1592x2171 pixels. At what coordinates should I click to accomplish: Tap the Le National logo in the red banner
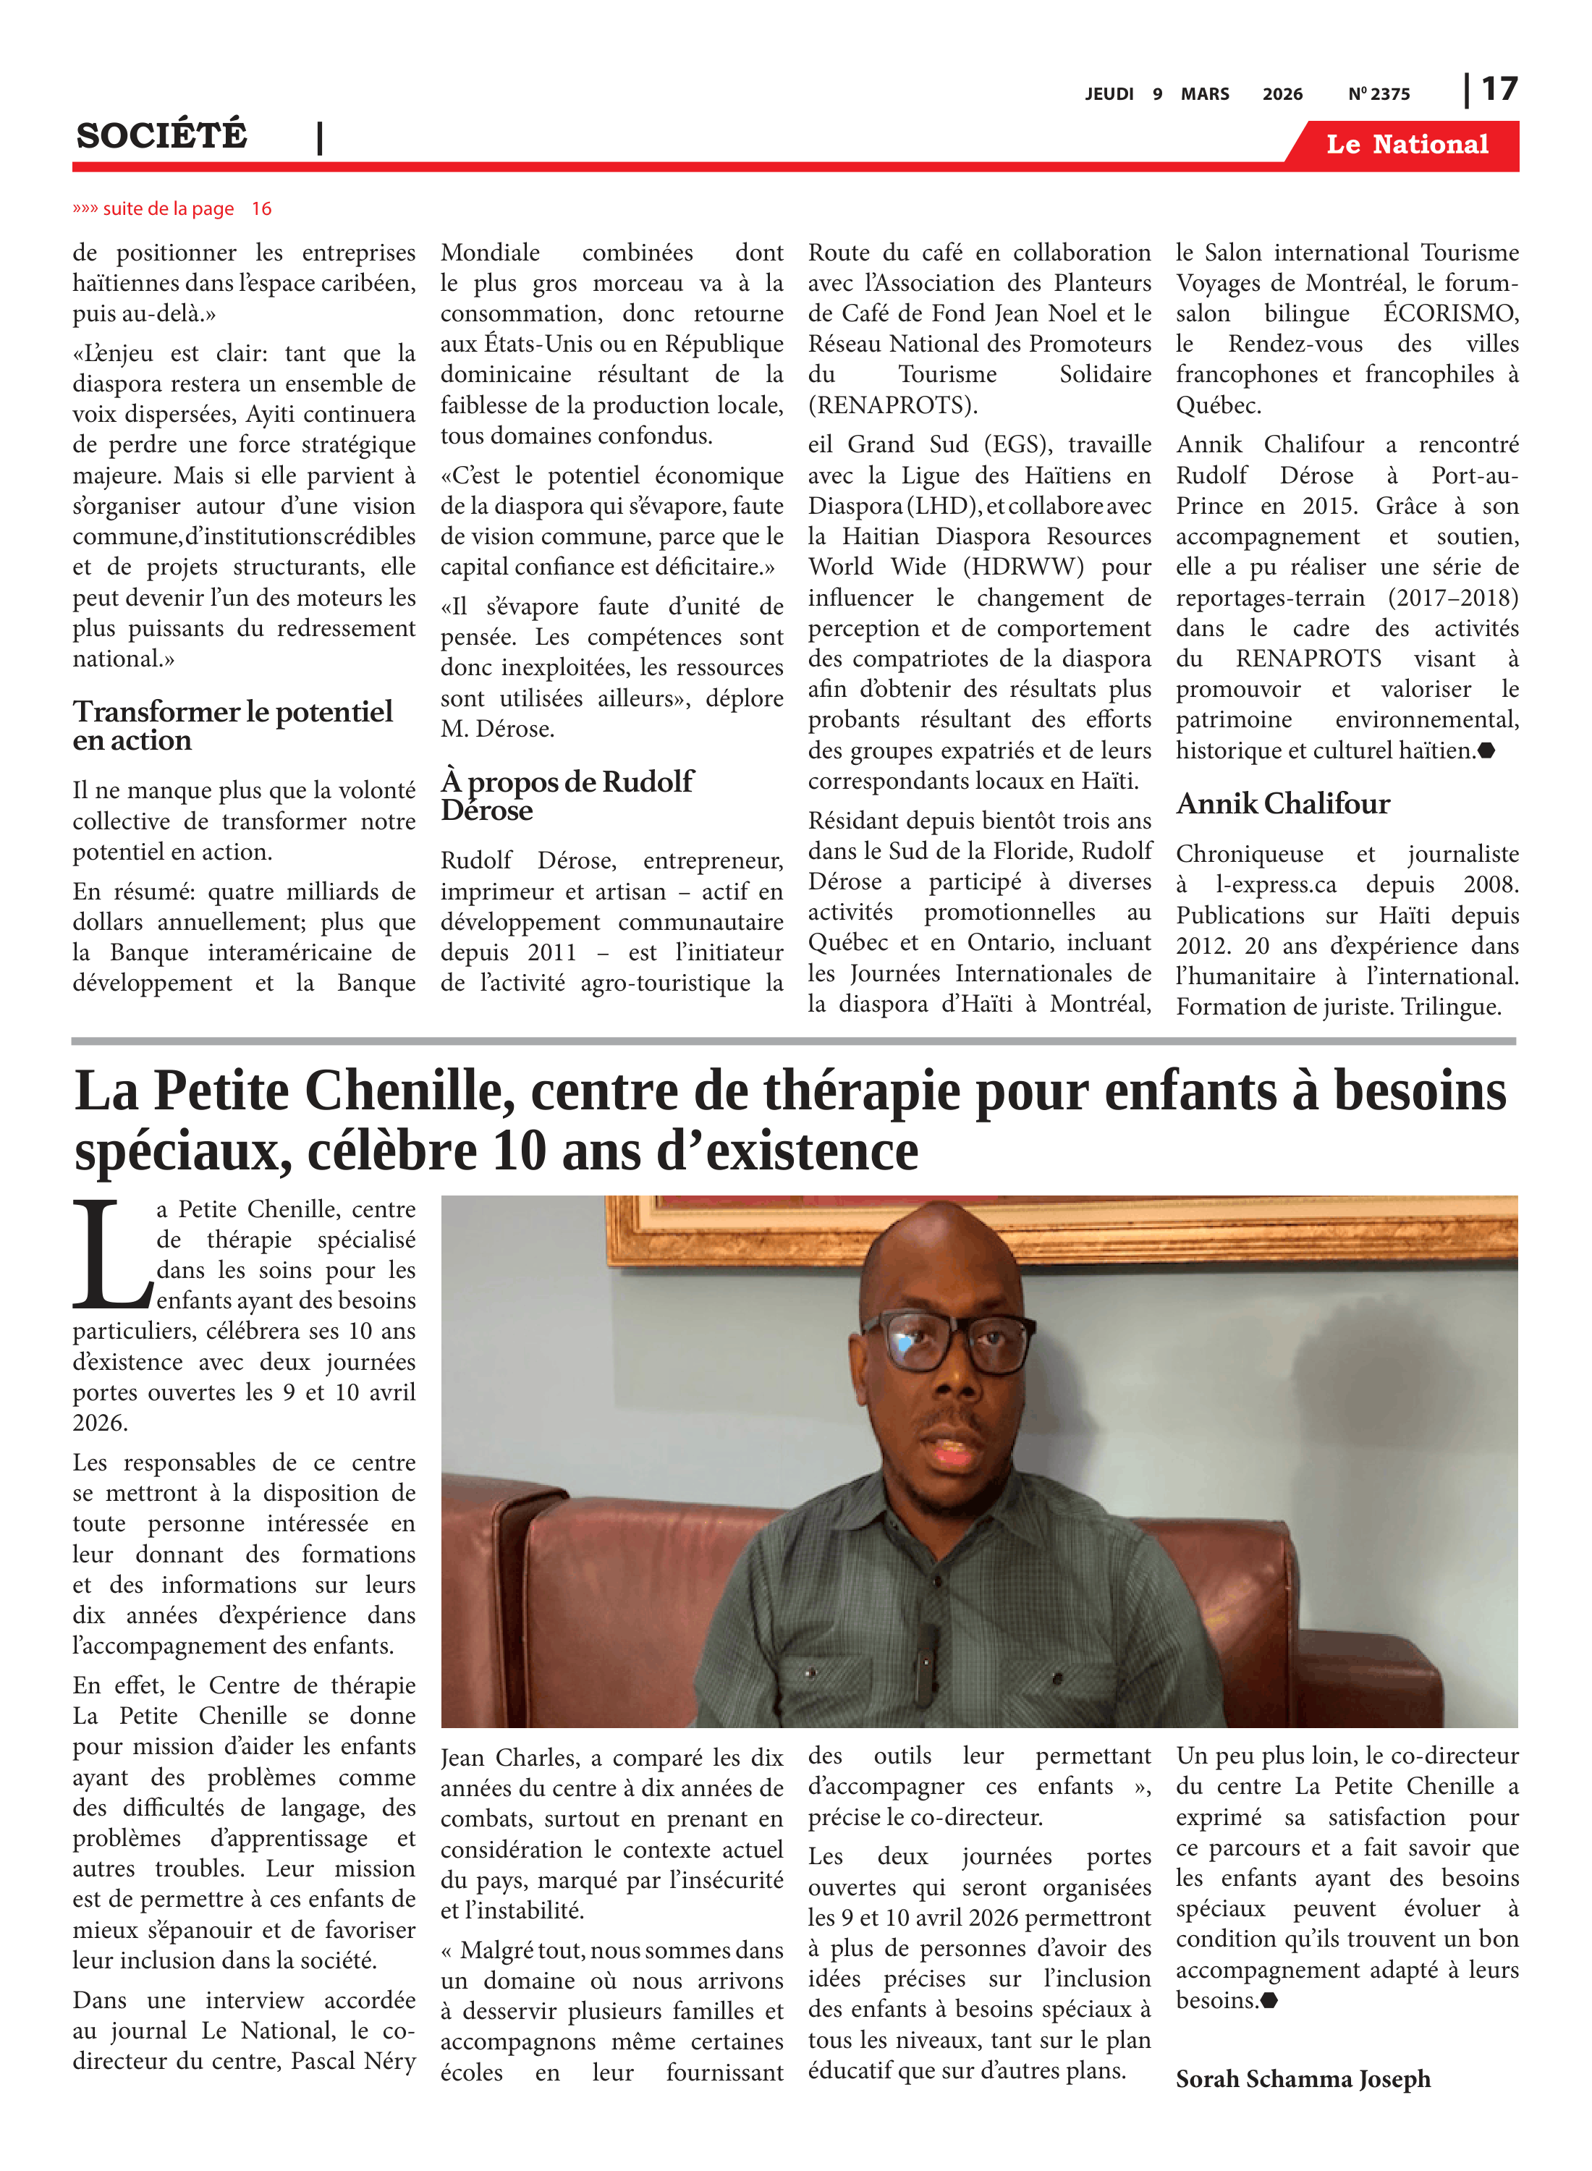click(x=1406, y=145)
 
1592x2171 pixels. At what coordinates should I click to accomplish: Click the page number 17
click(x=1499, y=90)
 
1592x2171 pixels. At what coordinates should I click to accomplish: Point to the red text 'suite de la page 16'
click(x=174, y=209)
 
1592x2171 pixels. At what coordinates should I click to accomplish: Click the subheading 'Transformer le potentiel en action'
click(x=232, y=726)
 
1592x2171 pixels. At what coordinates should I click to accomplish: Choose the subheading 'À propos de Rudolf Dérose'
click(x=566, y=795)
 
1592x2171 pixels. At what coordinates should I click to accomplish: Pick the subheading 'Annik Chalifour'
click(x=1283, y=804)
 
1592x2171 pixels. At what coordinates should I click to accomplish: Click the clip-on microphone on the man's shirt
click(x=927, y=1650)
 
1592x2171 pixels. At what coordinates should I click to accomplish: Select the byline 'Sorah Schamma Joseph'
click(x=1302, y=2078)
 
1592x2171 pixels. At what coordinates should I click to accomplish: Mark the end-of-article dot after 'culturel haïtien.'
click(x=1486, y=750)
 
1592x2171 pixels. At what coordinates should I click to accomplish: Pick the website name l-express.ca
click(x=1275, y=884)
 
